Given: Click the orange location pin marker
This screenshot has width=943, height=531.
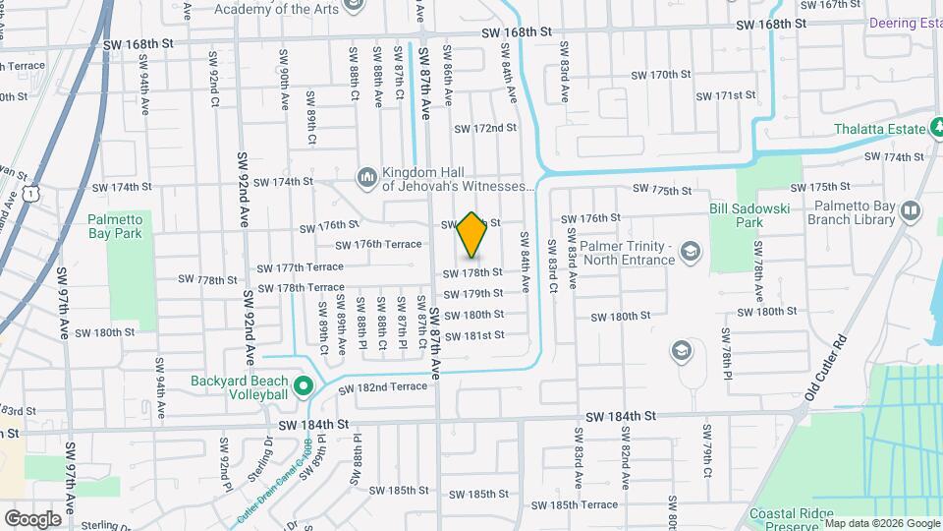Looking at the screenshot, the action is [x=471, y=234].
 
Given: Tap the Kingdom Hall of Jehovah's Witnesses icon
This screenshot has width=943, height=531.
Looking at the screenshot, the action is [x=368, y=176].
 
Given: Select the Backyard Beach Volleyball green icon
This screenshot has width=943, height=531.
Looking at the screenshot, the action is [x=304, y=384].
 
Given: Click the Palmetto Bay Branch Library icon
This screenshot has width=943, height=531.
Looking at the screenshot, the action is [x=910, y=211].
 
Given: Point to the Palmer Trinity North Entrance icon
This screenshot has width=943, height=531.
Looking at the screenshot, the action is [x=690, y=252].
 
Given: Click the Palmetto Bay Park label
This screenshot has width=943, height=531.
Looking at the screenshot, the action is [x=114, y=226].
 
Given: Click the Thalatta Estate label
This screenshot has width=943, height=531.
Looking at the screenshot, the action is [x=879, y=129].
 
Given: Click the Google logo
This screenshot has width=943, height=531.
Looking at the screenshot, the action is [x=32, y=518].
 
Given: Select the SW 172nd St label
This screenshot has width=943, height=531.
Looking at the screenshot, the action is [x=484, y=129].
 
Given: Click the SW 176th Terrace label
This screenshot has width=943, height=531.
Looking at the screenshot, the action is [x=378, y=245].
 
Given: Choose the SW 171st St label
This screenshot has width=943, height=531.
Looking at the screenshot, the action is [x=726, y=96].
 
